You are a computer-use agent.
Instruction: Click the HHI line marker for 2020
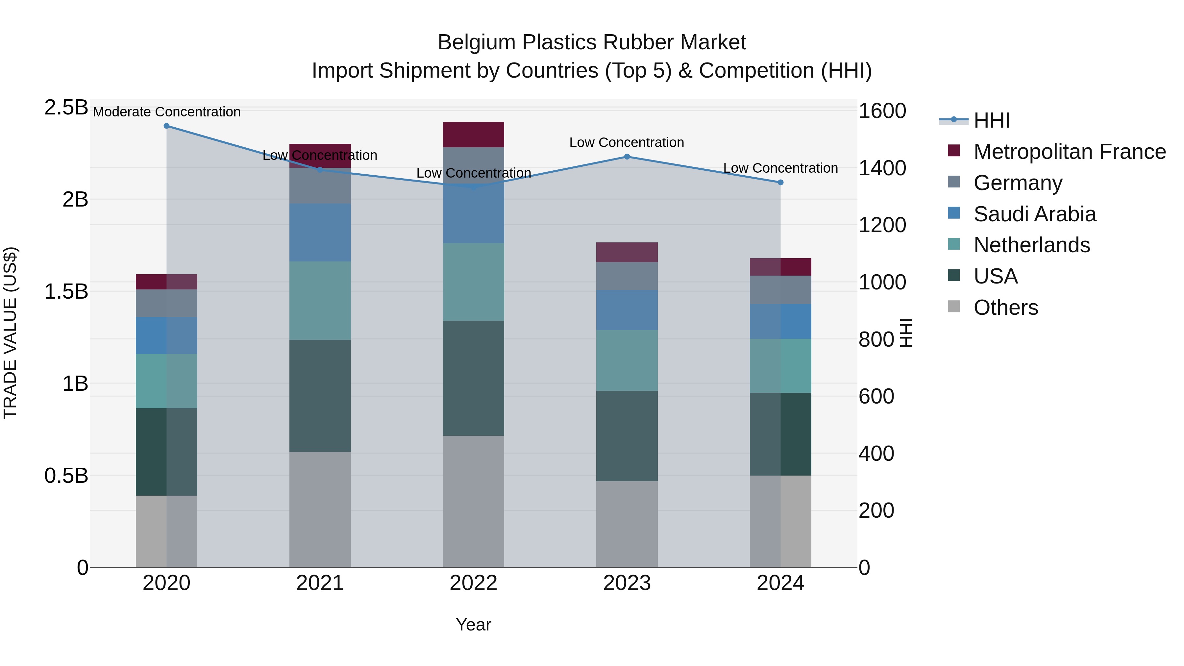click(x=166, y=126)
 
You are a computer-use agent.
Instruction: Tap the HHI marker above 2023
click(x=627, y=157)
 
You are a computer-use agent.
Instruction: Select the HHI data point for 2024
click(x=780, y=183)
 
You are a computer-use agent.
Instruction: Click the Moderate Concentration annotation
click(x=166, y=112)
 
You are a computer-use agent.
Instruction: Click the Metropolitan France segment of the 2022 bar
click(x=473, y=135)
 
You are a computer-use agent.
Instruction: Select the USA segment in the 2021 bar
click(x=320, y=396)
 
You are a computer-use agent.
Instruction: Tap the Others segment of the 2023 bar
click(x=627, y=524)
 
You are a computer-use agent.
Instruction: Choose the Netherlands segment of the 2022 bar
click(x=473, y=282)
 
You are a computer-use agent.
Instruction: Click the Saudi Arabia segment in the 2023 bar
click(x=627, y=310)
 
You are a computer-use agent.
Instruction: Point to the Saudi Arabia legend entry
click(x=1034, y=214)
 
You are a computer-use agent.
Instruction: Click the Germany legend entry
click(x=1018, y=183)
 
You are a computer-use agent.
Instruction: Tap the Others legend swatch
click(x=954, y=307)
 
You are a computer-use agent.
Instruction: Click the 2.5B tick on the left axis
click(x=66, y=108)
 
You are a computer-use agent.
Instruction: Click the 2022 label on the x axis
click(x=473, y=583)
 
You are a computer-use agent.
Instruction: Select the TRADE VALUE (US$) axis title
click(x=11, y=333)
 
